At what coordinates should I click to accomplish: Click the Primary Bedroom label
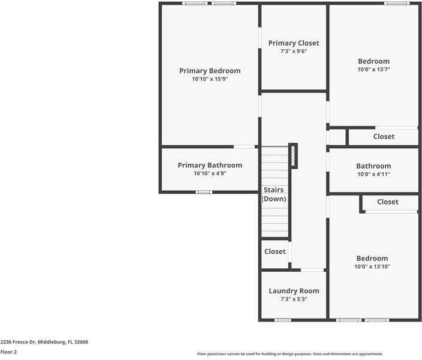coord(210,71)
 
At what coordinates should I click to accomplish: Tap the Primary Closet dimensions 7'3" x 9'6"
coord(294,52)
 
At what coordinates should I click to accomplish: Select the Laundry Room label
coord(294,291)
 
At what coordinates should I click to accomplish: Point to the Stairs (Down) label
coord(274,194)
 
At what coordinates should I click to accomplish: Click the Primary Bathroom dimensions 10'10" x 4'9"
coord(210,173)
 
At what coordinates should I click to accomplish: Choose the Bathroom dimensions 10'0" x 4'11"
coord(373,174)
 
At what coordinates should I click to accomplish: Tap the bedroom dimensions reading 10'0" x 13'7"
coord(373,70)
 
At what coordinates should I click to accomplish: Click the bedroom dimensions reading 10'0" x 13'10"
coord(372,266)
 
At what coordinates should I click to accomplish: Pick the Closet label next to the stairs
coord(275,251)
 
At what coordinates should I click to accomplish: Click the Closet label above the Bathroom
coord(384,137)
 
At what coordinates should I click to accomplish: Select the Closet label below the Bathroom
coord(387,202)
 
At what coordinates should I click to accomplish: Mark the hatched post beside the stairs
coord(293,156)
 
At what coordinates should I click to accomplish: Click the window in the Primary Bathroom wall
coord(204,192)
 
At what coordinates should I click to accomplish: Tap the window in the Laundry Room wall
coord(282,320)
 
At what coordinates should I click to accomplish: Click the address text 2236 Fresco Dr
coord(44,342)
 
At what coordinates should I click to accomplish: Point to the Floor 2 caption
coord(8,352)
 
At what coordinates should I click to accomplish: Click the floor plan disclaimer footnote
coord(290,354)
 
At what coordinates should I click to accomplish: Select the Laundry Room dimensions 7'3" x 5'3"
coord(294,299)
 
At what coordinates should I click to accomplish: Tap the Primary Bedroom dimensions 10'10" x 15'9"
coord(210,79)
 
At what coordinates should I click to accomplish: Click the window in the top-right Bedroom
coord(397,3)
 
